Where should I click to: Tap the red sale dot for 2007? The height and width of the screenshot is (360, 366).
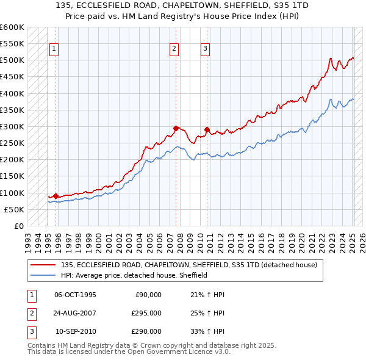[176, 128]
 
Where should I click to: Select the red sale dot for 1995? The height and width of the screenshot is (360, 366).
[56, 196]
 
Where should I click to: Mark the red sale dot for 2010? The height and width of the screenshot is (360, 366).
[207, 129]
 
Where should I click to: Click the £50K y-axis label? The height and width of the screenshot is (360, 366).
[14, 209]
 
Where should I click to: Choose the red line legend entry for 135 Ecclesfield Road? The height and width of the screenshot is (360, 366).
[188, 265]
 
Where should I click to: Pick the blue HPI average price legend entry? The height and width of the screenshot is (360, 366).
[134, 275]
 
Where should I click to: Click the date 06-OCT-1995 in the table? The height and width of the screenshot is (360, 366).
[75, 295]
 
